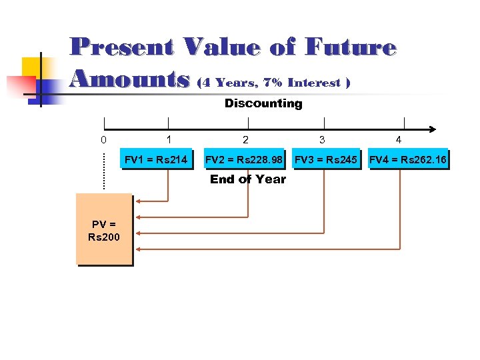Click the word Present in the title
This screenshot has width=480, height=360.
(x=122, y=47)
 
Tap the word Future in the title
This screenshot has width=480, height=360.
(x=351, y=47)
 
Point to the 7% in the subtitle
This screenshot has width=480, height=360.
(x=272, y=83)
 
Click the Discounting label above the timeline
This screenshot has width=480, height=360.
(x=263, y=103)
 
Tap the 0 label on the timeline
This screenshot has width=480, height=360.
(x=103, y=140)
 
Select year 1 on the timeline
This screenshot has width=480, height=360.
(x=169, y=140)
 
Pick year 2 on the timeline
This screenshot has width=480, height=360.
(x=246, y=140)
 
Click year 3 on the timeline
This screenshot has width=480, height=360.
(x=322, y=140)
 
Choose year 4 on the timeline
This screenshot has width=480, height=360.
(x=398, y=140)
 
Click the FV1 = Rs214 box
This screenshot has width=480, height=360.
(x=156, y=159)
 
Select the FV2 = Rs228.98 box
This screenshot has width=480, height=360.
(x=244, y=159)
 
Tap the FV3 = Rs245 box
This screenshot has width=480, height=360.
(x=326, y=159)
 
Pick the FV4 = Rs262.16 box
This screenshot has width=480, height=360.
(x=408, y=159)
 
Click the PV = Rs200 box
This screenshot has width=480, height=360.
(x=104, y=229)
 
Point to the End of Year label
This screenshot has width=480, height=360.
(x=248, y=179)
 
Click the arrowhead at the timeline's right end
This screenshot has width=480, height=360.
(x=432, y=129)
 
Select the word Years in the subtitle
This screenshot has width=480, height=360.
(x=236, y=83)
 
